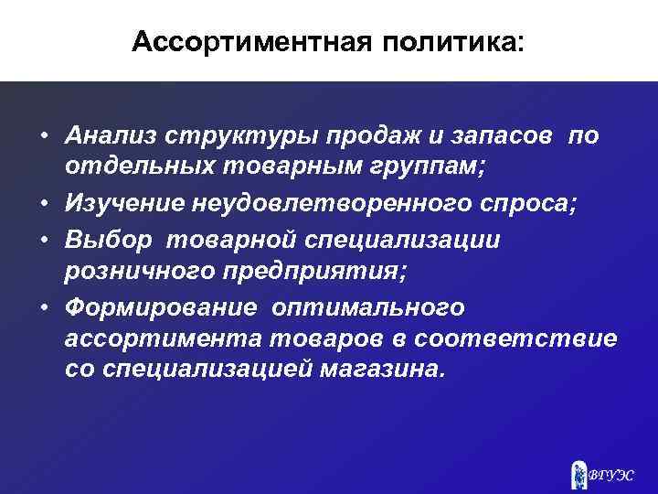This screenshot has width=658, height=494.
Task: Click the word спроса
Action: point(525,203)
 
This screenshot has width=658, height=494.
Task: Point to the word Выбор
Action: point(100,238)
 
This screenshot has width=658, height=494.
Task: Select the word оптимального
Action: point(366,306)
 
